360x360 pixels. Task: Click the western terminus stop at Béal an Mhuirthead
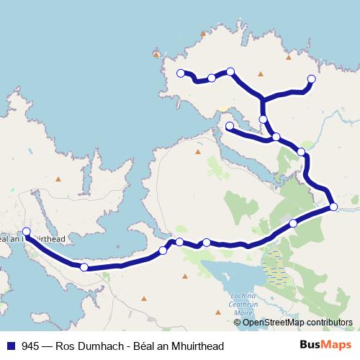point(27,232)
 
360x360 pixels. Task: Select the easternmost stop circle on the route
point(334,207)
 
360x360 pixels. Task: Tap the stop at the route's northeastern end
point(312,79)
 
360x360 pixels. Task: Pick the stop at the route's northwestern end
point(181,73)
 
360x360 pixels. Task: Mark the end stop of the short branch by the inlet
point(230,127)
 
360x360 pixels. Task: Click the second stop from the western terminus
point(84,267)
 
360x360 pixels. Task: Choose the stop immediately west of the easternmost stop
point(293,223)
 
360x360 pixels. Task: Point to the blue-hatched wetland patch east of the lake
point(275,266)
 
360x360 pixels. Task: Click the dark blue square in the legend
point(10,346)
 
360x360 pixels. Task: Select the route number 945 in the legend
point(30,346)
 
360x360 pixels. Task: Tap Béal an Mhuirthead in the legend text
point(181,346)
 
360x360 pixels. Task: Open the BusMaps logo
point(323,345)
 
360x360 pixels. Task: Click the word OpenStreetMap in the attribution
point(274,322)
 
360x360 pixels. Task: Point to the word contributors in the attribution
point(329,322)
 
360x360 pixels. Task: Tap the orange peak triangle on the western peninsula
point(59,179)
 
